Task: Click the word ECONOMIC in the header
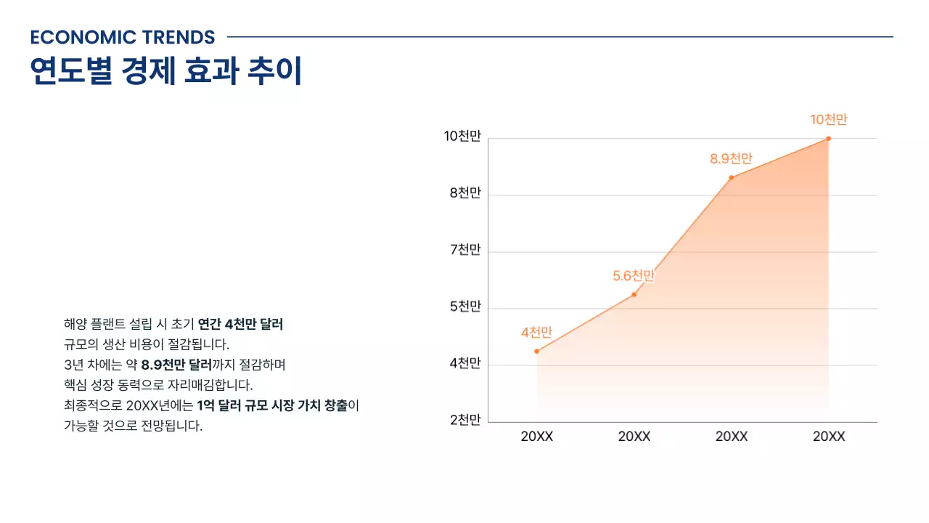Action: point(74,37)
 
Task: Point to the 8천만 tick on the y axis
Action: point(465,193)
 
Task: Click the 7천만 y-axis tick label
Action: point(465,250)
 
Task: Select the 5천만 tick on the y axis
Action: point(465,307)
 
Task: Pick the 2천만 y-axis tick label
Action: point(465,420)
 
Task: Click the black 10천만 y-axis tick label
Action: point(462,137)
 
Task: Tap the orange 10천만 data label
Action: point(829,120)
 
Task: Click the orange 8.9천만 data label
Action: point(731,158)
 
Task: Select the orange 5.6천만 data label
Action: point(634,276)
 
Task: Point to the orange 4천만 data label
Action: point(536,333)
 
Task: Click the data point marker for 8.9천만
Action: point(732,177)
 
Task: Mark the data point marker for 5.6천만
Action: point(634,294)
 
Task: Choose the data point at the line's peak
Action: point(829,139)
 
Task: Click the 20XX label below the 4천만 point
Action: point(537,437)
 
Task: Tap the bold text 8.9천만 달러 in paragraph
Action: point(176,364)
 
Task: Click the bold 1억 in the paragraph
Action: point(205,405)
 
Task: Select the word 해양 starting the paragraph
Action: point(75,324)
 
